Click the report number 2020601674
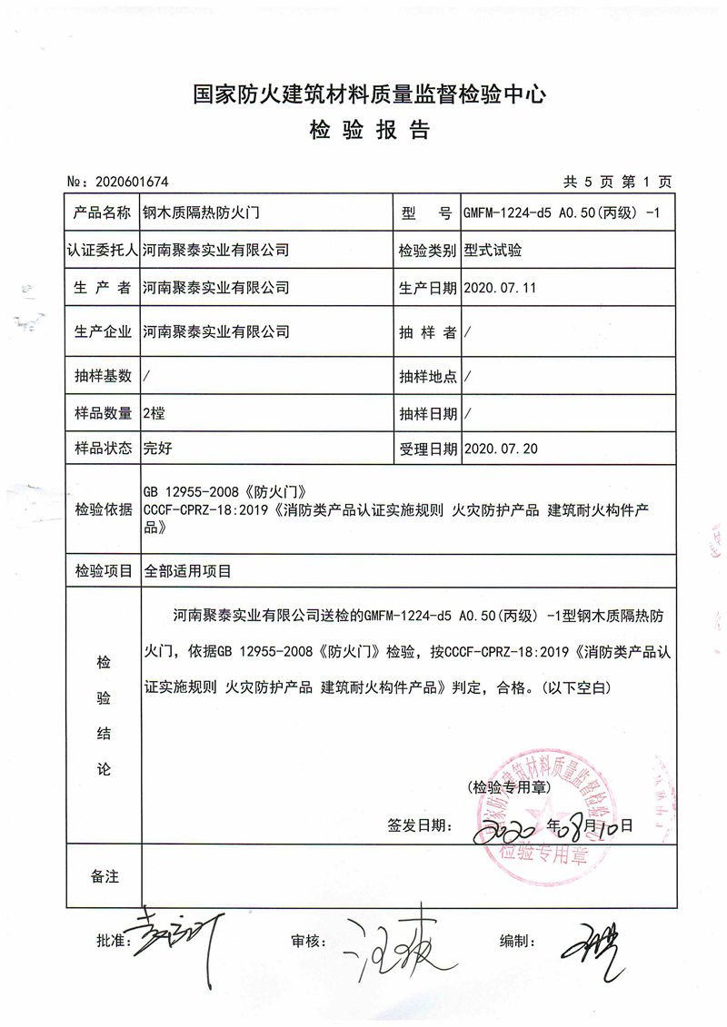pos(132,182)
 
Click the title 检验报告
pos(369,132)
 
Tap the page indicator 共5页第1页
pos(617,182)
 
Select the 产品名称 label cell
pos(103,213)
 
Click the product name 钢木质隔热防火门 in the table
pos(202,213)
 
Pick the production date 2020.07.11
pos(501,288)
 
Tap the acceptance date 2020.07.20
pos(501,449)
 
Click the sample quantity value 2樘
pos(154,413)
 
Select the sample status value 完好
pos(157,449)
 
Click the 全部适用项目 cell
pos(187,571)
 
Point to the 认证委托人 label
pos(103,250)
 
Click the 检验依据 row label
pos(103,509)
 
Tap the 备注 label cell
pos(103,876)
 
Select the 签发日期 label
pos(418,825)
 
